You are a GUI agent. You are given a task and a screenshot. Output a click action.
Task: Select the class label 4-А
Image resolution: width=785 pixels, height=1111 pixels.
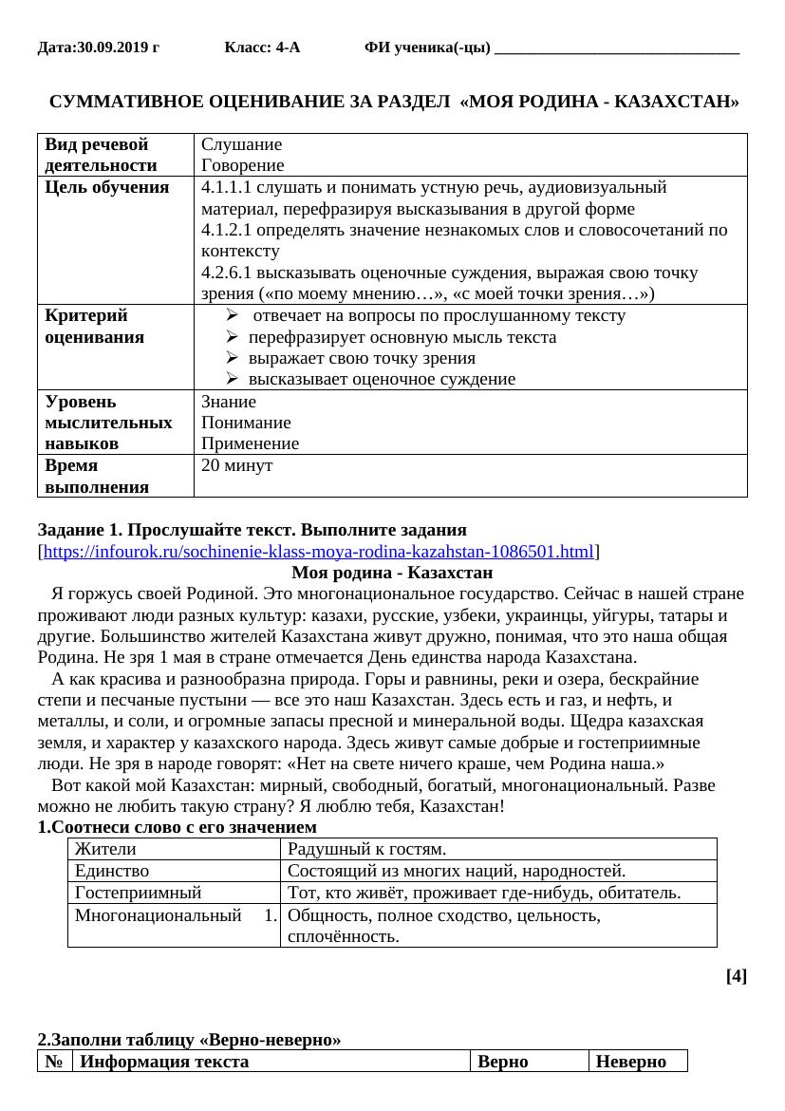(x=288, y=47)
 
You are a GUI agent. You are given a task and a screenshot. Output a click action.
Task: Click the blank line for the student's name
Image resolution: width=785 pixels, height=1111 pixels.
(x=617, y=49)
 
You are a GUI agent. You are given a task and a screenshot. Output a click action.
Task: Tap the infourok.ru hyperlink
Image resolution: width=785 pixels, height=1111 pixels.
(x=318, y=552)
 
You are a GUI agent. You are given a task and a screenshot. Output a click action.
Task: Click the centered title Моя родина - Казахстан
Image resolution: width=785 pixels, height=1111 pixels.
(x=392, y=573)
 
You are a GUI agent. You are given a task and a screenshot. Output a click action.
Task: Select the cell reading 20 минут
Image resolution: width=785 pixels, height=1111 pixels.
(x=237, y=465)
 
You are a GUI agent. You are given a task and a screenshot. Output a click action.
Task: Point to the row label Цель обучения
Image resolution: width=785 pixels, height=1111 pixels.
(x=107, y=187)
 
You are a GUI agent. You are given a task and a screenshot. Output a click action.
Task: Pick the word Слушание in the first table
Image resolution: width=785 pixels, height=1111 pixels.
(x=242, y=144)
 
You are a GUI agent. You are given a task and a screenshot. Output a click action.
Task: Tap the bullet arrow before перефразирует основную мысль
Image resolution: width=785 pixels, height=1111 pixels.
(x=234, y=337)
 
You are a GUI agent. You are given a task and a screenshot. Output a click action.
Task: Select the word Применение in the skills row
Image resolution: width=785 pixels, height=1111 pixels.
(x=251, y=443)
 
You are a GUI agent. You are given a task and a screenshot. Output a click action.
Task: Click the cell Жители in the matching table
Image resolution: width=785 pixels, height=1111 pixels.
(x=106, y=849)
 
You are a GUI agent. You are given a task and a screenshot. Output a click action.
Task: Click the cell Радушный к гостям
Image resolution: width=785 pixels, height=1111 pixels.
(x=366, y=849)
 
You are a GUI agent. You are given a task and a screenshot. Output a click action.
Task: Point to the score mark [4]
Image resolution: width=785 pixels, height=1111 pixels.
(x=736, y=975)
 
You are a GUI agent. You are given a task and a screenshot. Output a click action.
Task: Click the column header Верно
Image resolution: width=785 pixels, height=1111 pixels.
(x=503, y=1062)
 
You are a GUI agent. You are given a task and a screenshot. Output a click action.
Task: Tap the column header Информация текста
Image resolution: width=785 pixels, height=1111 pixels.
(x=165, y=1062)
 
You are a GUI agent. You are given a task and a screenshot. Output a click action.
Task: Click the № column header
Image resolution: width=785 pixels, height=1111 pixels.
(x=55, y=1062)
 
